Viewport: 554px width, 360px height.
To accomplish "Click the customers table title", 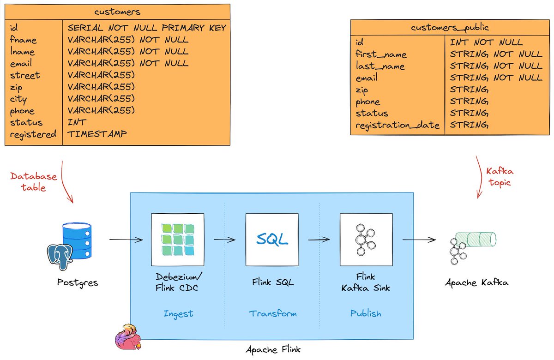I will click(x=117, y=12).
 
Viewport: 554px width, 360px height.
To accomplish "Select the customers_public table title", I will click(x=450, y=28).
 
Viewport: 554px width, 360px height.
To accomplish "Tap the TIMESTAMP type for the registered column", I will click(x=97, y=134).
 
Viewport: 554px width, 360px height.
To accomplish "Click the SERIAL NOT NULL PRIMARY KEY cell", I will click(x=147, y=28).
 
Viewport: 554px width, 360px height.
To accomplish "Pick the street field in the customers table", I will click(x=24, y=75).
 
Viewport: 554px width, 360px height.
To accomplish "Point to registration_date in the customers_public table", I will click(x=397, y=125).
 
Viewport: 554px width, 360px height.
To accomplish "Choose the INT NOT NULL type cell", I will click(x=486, y=42).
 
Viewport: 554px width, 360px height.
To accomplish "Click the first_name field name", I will click(x=381, y=54).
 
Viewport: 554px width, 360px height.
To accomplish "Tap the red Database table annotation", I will click(x=34, y=182).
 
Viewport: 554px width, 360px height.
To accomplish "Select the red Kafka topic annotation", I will click(x=499, y=177).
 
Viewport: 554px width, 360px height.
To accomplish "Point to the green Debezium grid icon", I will click(x=177, y=239).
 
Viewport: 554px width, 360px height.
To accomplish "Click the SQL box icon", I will click(x=272, y=239).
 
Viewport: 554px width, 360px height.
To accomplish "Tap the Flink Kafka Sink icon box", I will click(x=366, y=239).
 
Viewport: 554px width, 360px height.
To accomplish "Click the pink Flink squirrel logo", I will click(x=128, y=337).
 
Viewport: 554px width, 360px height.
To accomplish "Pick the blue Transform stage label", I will click(x=273, y=314).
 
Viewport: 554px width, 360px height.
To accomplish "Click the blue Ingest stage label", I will click(x=178, y=314).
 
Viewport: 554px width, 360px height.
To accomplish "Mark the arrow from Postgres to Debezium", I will click(x=126, y=240).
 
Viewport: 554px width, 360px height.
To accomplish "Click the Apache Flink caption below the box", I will click(x=272, y=349).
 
